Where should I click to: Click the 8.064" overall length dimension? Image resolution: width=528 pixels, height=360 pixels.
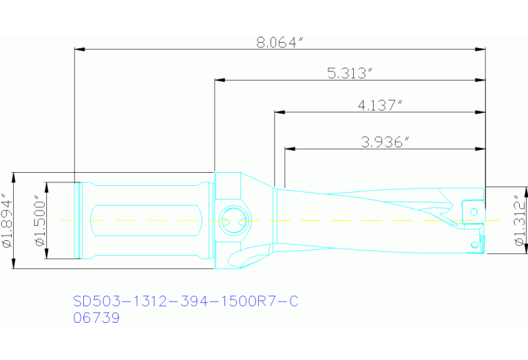pyautogui.click(x=279, y=42)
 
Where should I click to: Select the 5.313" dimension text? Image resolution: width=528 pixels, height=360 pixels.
pyautogui.click(x=351, y=74)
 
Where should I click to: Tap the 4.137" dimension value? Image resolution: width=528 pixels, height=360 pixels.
pyautogui.click(x=379, y=105)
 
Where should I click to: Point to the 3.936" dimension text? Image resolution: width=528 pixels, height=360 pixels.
pyautogui.click(x=385, y=142)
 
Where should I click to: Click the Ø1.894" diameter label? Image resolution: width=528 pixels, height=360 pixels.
pyautogui.click(x=8, y=221)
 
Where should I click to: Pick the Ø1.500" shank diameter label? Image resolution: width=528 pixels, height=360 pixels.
pyautogui.click(x=39, y=221)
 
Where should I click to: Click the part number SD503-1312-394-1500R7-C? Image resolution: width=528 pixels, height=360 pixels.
pyautogui.click(x=186, y=301)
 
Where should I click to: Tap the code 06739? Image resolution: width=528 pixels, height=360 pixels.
pyautogui.click(x=96, y=318)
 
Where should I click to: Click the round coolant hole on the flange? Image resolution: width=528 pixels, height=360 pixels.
pyautogui.click(x=229, y=221)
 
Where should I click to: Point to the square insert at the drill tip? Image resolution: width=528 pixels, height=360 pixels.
pyautogui.click(x=472, y=209)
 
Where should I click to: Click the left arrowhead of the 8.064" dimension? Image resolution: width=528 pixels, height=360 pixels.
pyautogui.click(x=79, y=49)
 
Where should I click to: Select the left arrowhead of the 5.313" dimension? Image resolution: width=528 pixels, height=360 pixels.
pyautogui.click(x=220, y=80)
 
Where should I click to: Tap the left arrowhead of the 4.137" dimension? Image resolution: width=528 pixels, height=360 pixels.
pyautogui.click(x=279, y=112)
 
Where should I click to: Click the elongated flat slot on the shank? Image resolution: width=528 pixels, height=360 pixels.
pyautogui.click(x=145, y=221)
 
